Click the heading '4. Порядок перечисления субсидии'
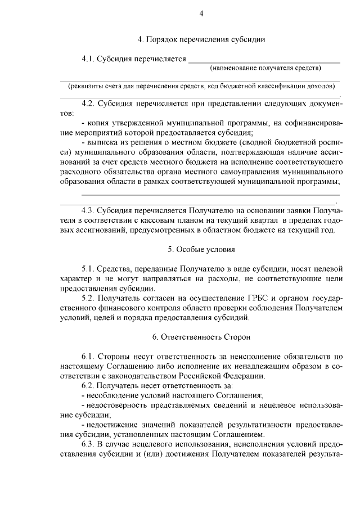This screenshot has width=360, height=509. point(201,40)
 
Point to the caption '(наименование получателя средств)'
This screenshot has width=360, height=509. point(265,68)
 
